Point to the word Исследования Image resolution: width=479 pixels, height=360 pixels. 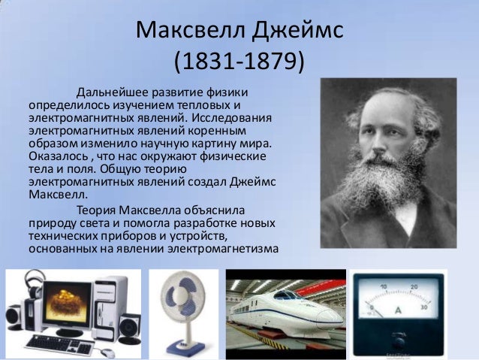pos(233,119)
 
